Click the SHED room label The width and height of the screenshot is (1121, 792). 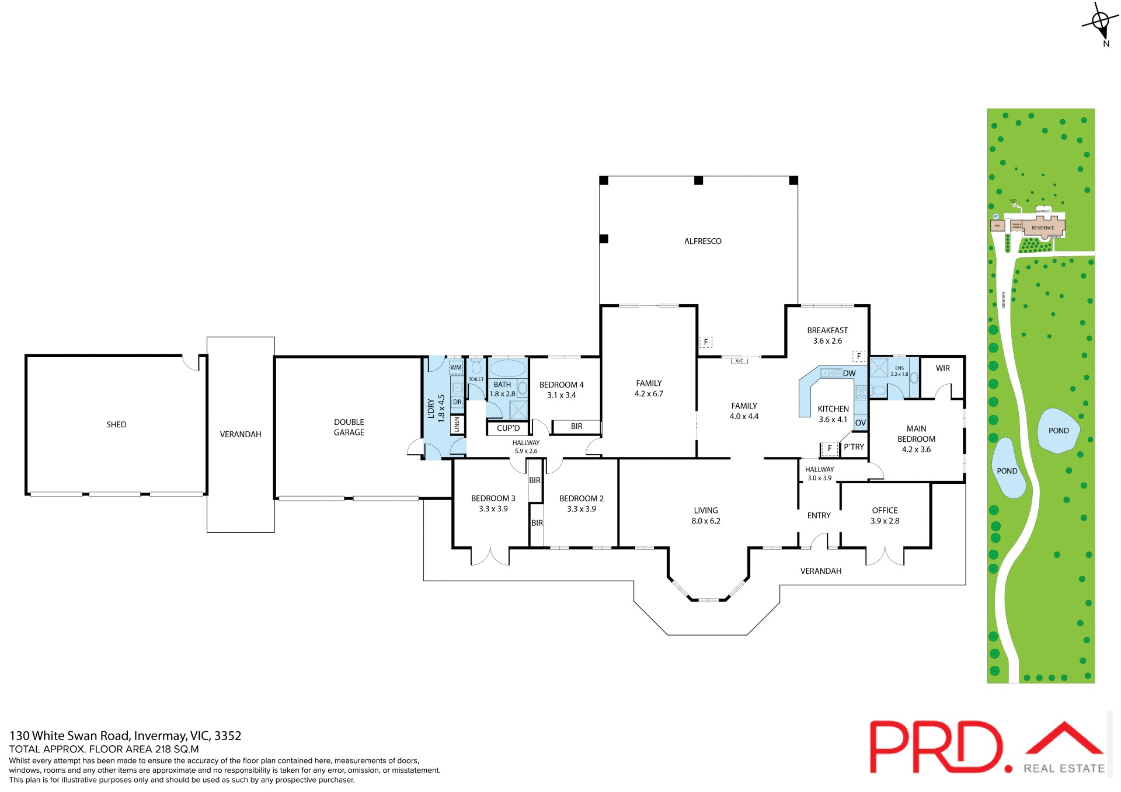[116, 424]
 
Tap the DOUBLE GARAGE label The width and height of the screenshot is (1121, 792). [349, 427]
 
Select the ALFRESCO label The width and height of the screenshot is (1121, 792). [702, 241]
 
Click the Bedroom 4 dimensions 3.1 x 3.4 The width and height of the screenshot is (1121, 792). [561, 395]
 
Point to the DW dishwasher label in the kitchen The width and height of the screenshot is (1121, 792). [849, 374]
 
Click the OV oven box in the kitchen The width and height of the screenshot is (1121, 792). [860, 423]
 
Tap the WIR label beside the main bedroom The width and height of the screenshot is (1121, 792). [942, 368]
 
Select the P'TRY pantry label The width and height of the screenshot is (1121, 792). [854, 447]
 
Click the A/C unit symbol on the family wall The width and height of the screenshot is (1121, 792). [739, 361]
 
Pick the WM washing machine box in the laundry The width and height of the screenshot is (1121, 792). [456, 368]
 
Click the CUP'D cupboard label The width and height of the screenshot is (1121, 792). [508, 428]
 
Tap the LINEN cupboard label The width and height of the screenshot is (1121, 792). [457, 424]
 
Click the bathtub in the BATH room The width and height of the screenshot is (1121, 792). [507, 368]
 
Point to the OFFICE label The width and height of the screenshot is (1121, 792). [885, 510]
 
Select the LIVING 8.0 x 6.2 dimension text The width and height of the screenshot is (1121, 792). [706, 521]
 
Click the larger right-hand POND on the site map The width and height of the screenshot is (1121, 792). [1058, 431]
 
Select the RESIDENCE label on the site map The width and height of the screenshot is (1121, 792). [1043, 228]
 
